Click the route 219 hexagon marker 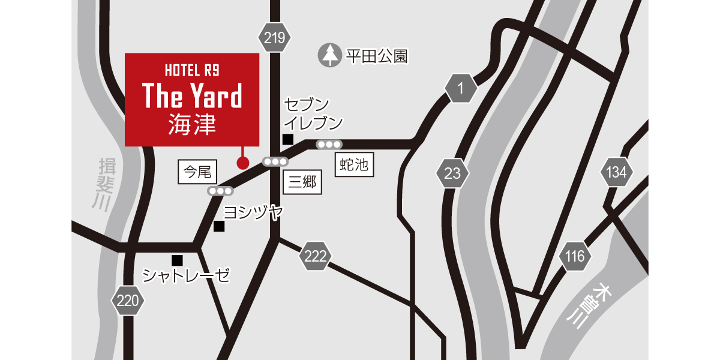pos(274,39)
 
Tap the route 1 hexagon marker pos(461,89)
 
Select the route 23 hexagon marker pos(452,174)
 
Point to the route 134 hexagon pos(616,173)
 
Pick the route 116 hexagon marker pos(574,257)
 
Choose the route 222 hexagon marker pos(315,257)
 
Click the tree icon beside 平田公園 pos(329,56)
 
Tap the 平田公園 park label pos(377,56)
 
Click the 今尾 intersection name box pos(197,172)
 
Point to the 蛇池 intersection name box pos(353,164)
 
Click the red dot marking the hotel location pos(243,163)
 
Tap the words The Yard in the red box pos(192,96)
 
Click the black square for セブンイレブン pos(288,140)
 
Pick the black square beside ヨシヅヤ pos(219,226)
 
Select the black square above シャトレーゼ pos(177,260)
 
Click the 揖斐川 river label pos(100,183)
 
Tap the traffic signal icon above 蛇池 pos(329,145)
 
